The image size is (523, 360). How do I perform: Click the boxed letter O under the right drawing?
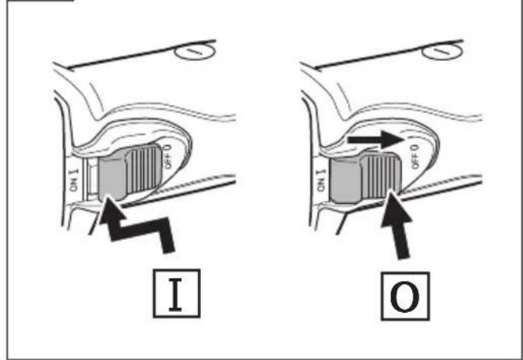coord(405,296)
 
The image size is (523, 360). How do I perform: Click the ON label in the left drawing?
coord(74,180)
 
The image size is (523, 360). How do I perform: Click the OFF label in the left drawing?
coord(167,156)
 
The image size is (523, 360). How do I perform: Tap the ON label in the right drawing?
coord(321,180)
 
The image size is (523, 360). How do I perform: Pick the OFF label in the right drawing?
coord(415,156)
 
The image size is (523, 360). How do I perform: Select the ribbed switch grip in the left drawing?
coord(144,170)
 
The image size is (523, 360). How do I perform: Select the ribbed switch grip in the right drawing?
coord(381,176)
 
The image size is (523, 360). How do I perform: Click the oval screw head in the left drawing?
coord(196,52)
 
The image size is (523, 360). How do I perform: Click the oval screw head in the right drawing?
coord(442,52)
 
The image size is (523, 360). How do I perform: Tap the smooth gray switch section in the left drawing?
coord(113,177)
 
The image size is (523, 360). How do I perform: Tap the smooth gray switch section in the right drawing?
coord(345,180)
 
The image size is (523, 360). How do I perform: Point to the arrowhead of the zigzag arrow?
coord(112,209)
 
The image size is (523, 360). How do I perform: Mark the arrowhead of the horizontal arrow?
coord(394,139)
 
